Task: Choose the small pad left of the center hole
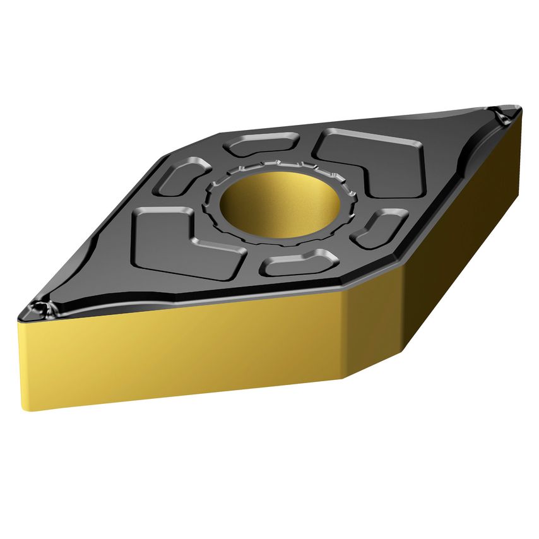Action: click(183, 177)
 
